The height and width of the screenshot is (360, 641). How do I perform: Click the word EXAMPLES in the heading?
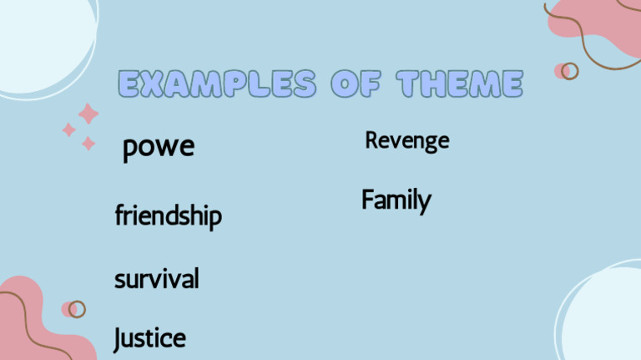tap(217, 84)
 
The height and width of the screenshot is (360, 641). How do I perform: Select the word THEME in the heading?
tap(459, 84)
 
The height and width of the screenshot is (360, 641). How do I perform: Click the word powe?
tap(159, 148)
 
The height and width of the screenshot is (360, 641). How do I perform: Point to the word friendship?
tap(168, 216)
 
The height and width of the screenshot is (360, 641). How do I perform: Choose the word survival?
tap(156, 278)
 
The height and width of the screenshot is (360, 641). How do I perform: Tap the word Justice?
tap(149, 338)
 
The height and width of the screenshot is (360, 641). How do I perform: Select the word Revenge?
tap(406, 140)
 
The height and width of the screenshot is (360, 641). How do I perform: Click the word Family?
tap(396, 200)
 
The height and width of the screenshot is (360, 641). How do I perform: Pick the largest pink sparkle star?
tap(88, 114)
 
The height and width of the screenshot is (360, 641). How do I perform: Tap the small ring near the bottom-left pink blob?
tap(77, 309)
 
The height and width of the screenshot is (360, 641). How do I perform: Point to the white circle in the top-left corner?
tap(38, 38)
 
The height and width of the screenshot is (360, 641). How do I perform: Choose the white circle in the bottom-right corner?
tap(605, 317)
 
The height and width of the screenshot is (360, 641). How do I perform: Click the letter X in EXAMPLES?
tap(154, 84)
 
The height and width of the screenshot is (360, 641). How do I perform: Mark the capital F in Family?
tap(368, 200)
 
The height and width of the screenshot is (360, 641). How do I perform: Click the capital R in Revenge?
tap(371, 140)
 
